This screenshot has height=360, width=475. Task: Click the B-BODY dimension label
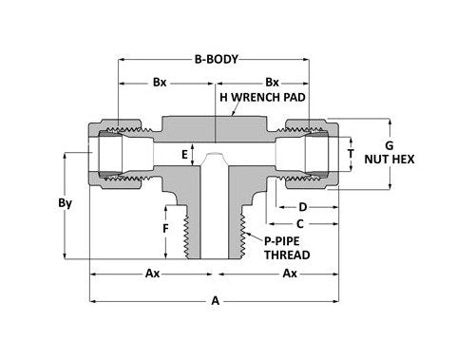tap(213, 58)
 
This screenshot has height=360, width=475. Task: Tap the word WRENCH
tap(253, 96)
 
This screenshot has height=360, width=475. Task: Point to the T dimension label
tap(352, 152)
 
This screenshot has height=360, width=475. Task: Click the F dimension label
tap(165, 231)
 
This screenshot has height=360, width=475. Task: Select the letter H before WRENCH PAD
tap(224, 96)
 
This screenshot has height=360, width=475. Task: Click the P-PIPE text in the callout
tap(282, 240)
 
